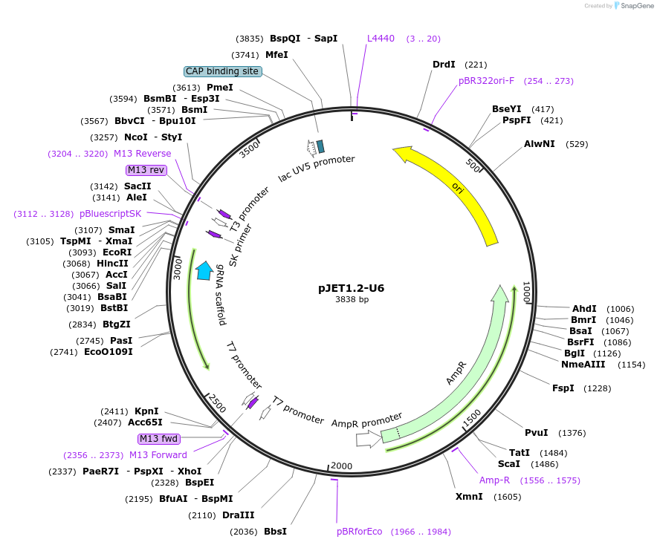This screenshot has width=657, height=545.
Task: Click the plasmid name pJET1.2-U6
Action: pyautogui.click(x=352, y=287)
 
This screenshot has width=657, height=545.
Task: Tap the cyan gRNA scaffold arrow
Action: pyautogui.click(x=204, y=270)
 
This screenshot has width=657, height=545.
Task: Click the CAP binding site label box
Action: pyautogui.click(x=222, y=71)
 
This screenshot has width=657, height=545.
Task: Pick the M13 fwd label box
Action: pyautogui.click(x=159, y=439)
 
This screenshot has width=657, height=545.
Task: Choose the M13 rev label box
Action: pyautogui.click(x=146, y=170)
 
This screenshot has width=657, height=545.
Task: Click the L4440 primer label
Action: pyautogui.click(x=381, y=39)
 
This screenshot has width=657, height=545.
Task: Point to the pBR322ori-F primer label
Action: pyautogui.click(x=486, y=81)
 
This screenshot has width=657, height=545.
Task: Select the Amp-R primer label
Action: pyautogui.click(x=494, y=480)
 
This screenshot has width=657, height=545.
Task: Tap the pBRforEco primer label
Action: pyautogui.click(x=359, y=532)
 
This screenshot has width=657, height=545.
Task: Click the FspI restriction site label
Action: pyautogui.click(x=563, y=388)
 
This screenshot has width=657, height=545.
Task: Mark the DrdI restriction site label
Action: pyautogui.click(x=444, y=65)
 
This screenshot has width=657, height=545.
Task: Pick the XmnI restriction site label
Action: pyautogui.click(x=469, y=497)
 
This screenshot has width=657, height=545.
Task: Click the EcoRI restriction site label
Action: pyautogui.click(x=117, y=252)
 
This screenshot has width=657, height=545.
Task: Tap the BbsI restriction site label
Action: pyautogui.click(x=275, y=532)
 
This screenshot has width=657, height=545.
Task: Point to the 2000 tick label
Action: pyautogui.click(x=340, y=466)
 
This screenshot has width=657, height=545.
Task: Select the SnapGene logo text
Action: pyautogui.click(x=636, y=6)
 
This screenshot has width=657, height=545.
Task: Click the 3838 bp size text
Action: pyautogui.click(x=352, y=300)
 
